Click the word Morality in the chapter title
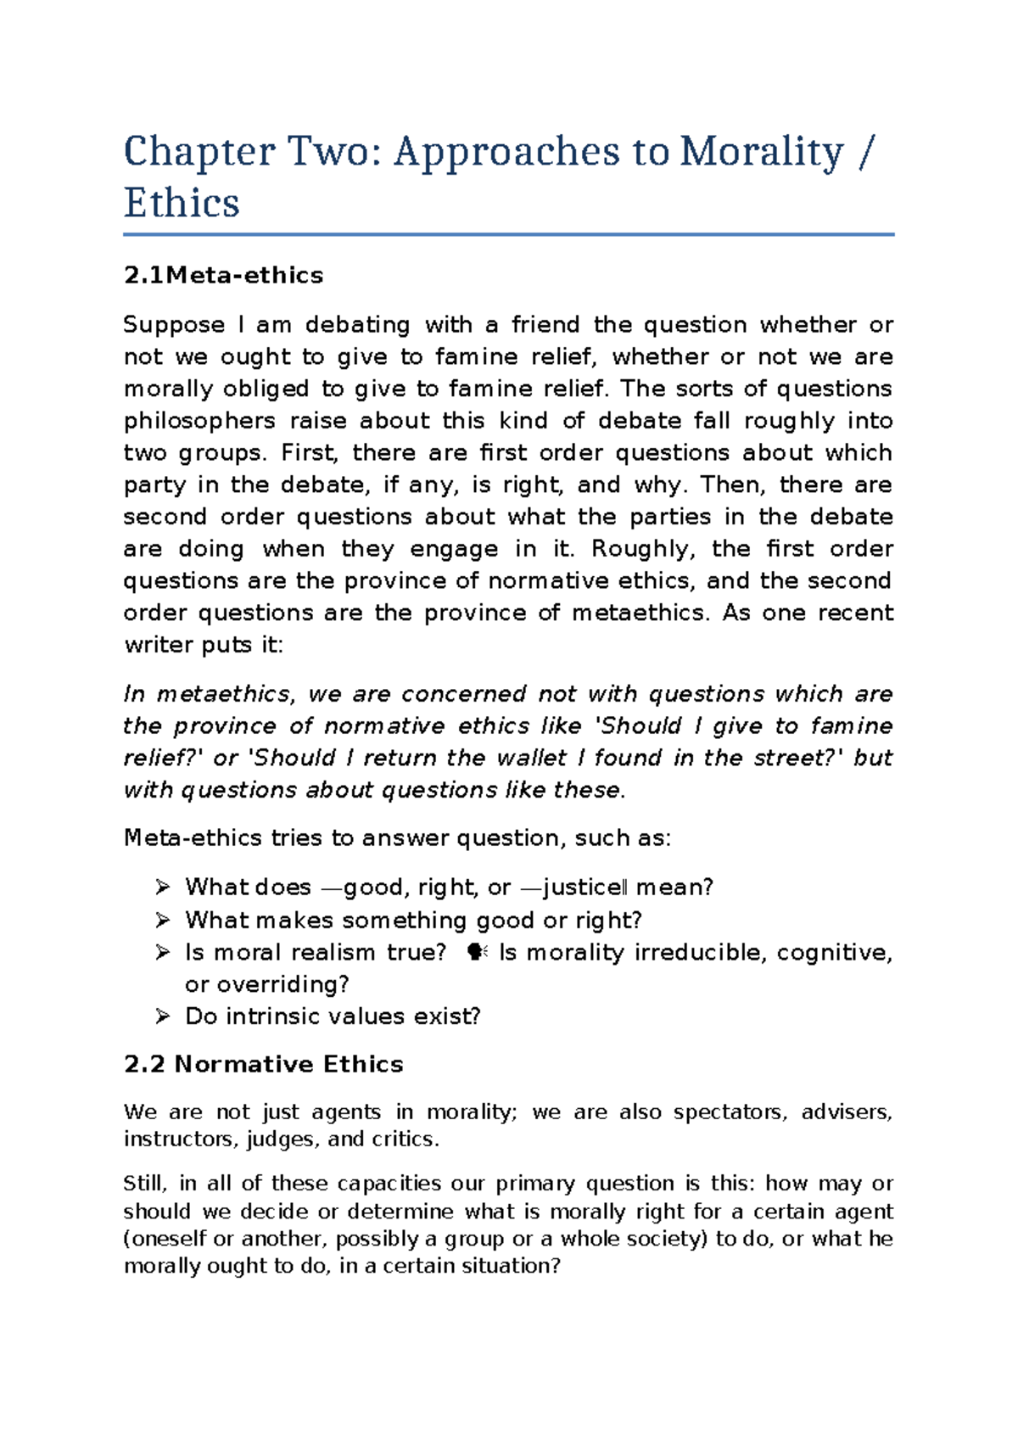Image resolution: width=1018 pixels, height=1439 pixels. click(761, 152)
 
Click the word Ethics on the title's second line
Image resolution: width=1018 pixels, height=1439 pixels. click(182, 204)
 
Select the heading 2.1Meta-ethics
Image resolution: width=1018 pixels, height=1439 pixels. click(223, 276)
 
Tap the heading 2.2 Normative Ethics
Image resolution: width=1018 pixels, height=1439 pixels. click(263, 1064)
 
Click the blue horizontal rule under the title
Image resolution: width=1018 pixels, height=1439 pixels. click(509, 234)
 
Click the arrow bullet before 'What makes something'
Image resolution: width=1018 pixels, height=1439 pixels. click(163, 920)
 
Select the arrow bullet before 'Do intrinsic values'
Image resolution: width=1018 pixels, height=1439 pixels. click(163, 1016)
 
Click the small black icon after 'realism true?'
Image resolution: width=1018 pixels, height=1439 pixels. click(477, 953)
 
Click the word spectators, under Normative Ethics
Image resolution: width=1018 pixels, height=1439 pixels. click(729, 1112)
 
